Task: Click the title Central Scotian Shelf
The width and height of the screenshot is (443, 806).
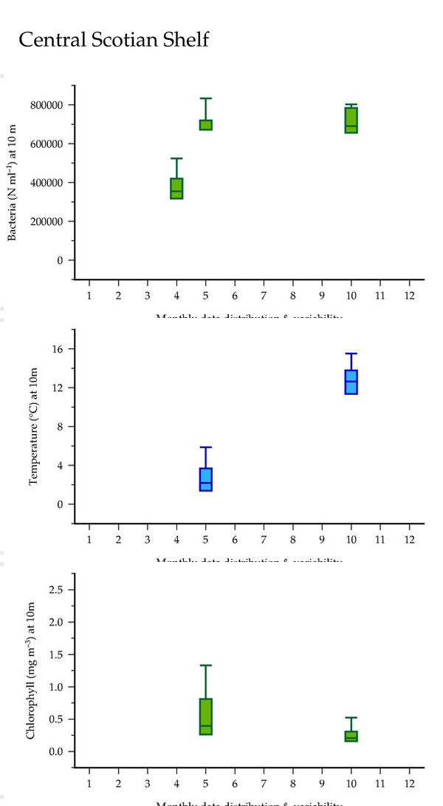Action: coord(114,40)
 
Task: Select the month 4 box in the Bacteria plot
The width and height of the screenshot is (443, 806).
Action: coord(176,189)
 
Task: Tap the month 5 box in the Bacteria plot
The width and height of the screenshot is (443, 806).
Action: coord(205,125)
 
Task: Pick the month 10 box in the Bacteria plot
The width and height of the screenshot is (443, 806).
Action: coord(351,120)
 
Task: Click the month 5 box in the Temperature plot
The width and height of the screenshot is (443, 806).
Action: coord(205,479)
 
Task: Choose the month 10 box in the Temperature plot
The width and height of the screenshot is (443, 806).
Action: coord(351,382)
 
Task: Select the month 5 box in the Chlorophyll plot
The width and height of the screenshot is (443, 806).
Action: coord(205,717)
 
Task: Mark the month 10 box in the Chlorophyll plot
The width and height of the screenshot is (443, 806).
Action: coord(351,736)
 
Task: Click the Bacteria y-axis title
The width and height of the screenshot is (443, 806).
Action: coord(13,183)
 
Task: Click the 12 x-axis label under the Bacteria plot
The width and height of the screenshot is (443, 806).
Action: coord(409,296)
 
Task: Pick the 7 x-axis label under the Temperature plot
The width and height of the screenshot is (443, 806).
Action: coord(264,539)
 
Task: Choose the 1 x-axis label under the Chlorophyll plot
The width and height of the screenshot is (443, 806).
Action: coord(89,783)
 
